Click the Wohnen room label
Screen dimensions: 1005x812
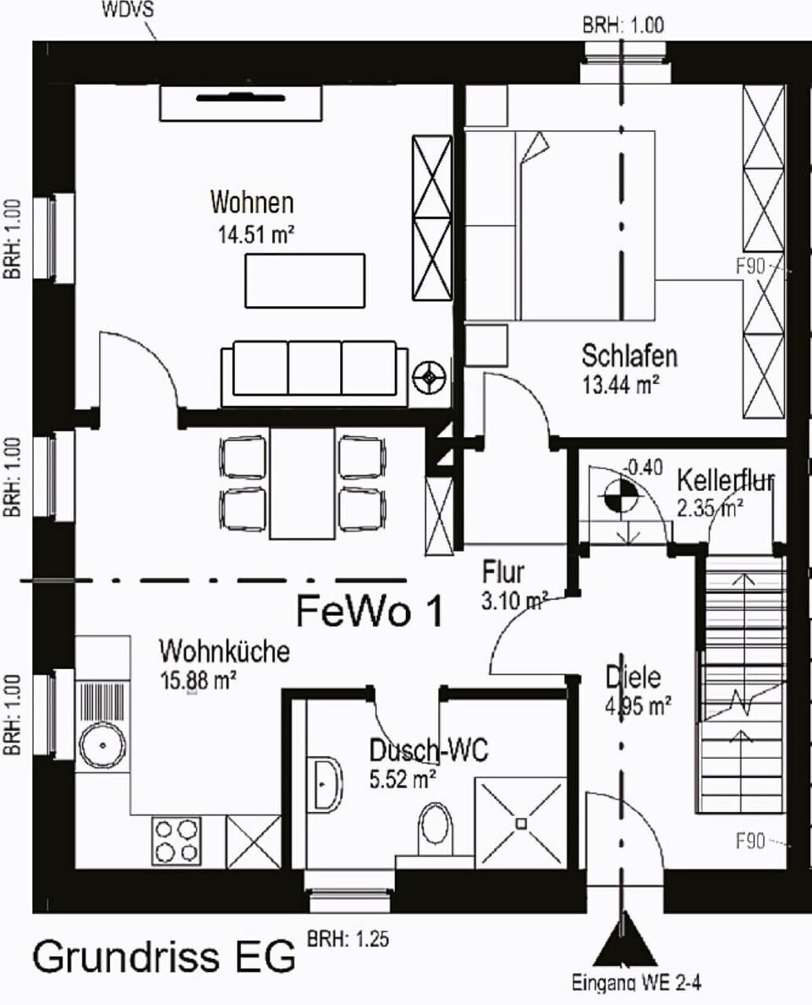[252, 203]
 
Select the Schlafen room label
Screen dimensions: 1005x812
[629, 355]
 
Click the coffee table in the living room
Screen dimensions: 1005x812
[306, 281]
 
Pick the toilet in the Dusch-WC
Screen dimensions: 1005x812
[436, 826]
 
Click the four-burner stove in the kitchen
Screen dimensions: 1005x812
[178, 842]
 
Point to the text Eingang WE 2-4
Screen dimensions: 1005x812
[637, 983]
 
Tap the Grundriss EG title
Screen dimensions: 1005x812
[165, 956]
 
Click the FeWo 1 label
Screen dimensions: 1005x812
[370, 612]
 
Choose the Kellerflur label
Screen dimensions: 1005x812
[726, 481]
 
